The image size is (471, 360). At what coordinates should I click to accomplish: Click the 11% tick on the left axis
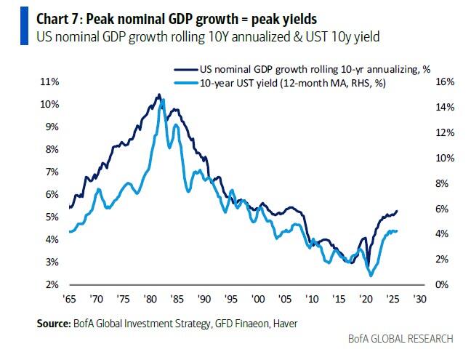50,82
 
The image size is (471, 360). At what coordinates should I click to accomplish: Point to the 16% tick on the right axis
444,82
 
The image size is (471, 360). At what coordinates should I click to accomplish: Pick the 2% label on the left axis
52,284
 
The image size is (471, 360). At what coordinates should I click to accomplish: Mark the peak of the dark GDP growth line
158,95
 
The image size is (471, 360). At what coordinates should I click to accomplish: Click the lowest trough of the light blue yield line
372,276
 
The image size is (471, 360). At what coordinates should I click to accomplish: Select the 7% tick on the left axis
52,172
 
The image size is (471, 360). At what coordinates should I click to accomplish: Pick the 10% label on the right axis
444,158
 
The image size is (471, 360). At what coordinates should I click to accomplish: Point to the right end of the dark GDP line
398,211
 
